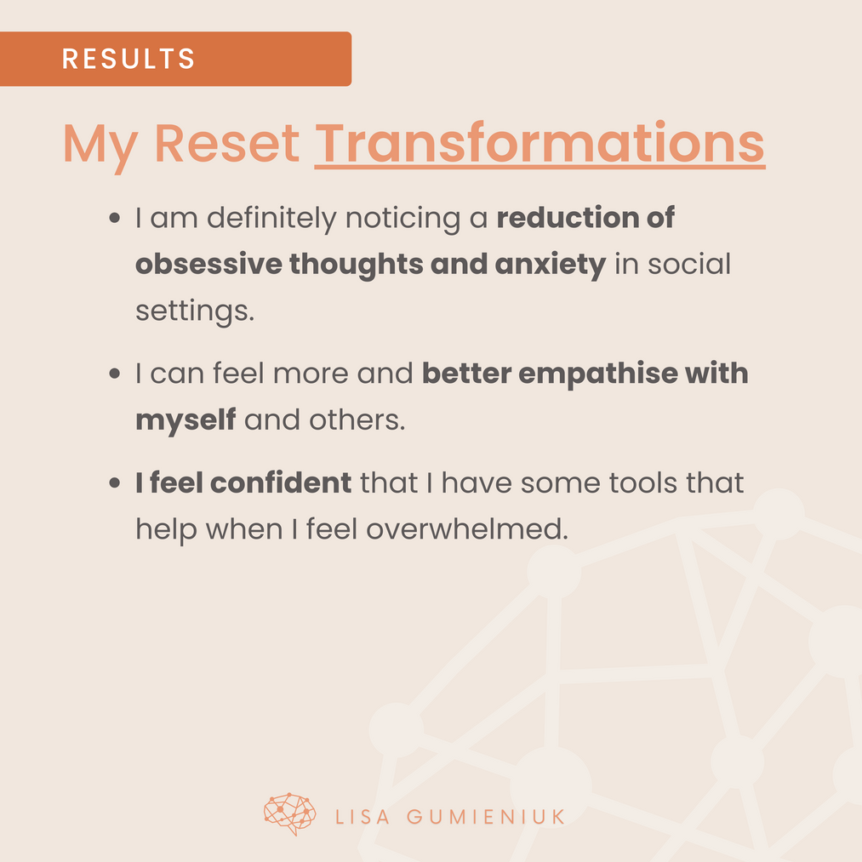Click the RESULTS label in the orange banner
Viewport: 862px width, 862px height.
[128, 59]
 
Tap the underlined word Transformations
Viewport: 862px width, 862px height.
[539, 144]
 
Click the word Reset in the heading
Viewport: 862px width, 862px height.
[226, 144]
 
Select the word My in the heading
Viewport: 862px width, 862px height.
[100, 146]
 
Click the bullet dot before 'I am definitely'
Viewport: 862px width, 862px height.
[114, 218]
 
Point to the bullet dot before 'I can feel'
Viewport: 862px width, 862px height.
[114, 374]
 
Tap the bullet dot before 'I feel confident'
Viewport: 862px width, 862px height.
[114, 483]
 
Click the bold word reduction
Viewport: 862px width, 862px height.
[568, 217]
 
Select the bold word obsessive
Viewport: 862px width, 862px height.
[208, 264]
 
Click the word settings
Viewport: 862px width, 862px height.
[195, 311]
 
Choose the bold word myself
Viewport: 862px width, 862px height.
[186, 421]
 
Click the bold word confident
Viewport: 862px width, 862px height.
[281, 482]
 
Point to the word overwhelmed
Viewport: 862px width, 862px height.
[466, 528]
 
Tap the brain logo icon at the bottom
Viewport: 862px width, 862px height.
[290, 814]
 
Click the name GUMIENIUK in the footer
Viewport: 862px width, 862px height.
[486, 817]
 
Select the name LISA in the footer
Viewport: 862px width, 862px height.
[362, 817]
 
